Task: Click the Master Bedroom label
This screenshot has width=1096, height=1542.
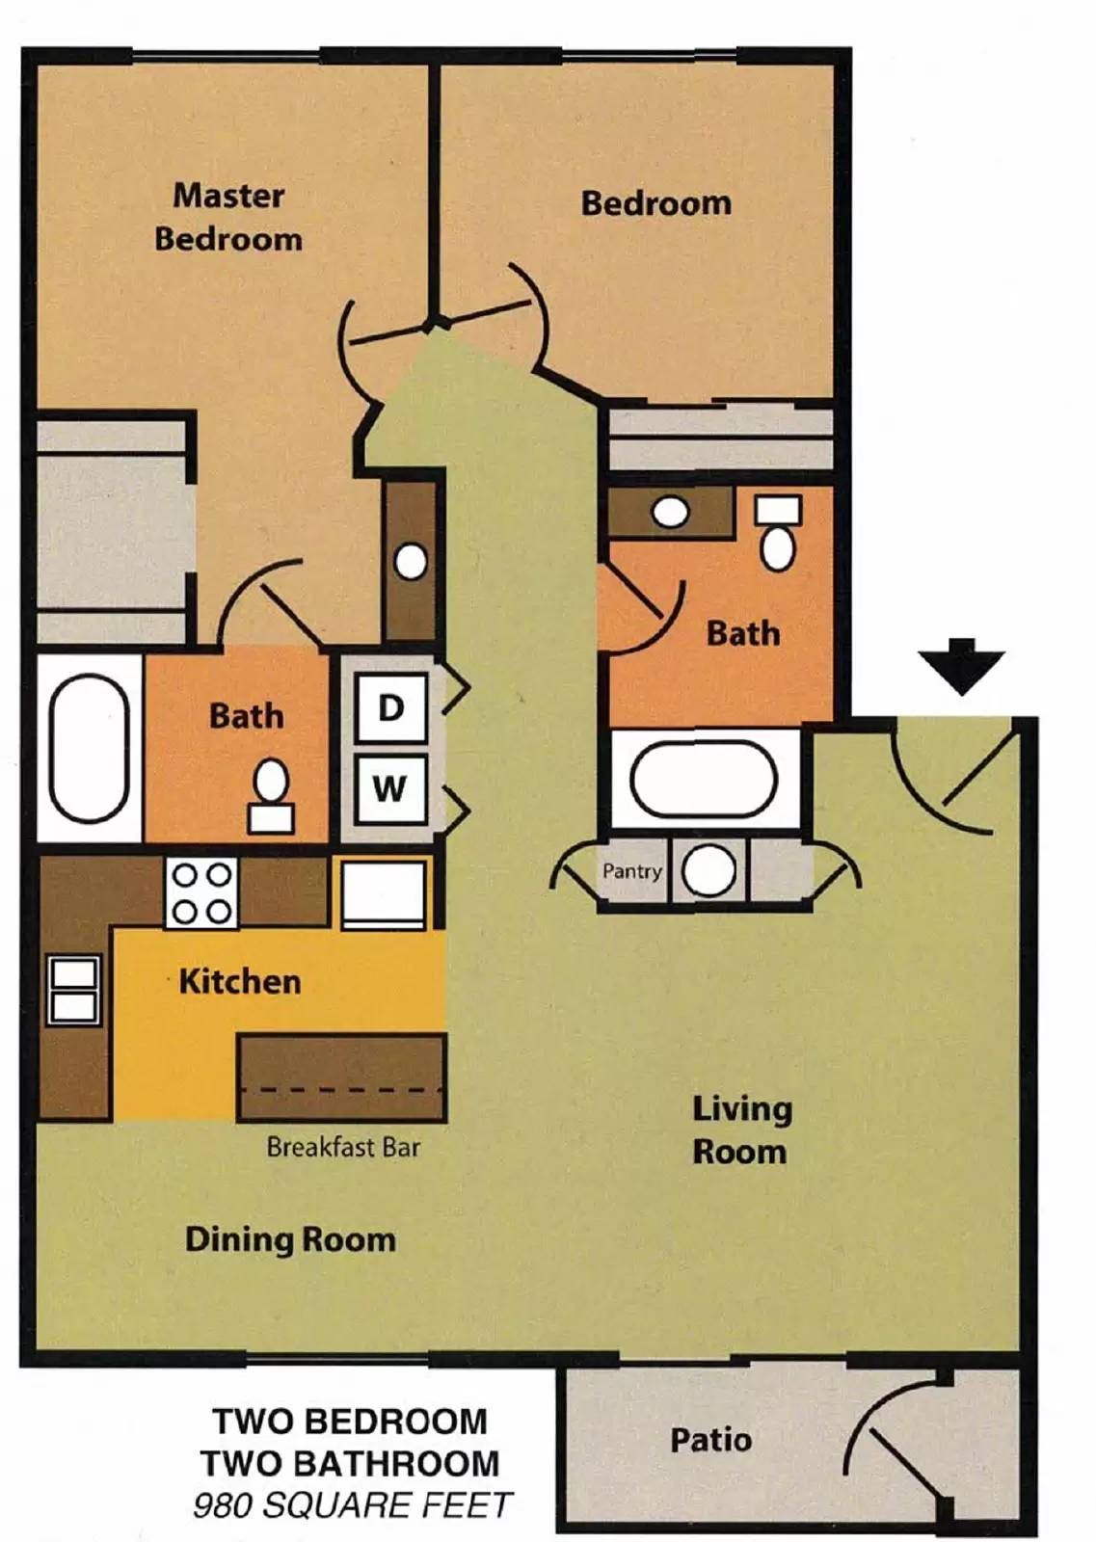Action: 228,217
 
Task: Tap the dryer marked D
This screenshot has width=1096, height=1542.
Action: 390,708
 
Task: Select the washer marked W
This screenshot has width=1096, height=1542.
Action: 390,788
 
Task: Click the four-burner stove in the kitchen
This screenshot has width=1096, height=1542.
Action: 201,893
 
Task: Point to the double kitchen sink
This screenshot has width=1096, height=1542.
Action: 74,990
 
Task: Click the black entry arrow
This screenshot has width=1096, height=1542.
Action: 961,666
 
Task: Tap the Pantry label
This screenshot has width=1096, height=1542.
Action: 631,871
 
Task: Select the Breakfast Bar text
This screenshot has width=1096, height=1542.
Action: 343,1147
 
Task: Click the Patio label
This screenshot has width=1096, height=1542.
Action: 710,1440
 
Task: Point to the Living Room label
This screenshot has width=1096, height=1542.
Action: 740,1130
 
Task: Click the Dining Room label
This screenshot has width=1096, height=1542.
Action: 290,1239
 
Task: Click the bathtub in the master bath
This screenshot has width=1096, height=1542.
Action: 89,748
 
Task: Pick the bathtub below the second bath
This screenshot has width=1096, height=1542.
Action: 703,779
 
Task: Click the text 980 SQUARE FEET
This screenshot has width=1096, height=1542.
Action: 352,1505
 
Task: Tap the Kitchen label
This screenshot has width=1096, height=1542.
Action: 240,982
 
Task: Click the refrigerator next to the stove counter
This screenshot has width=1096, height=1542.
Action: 384,893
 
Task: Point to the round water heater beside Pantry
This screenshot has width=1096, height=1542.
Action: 708,870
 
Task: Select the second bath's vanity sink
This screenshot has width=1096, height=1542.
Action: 670,512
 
